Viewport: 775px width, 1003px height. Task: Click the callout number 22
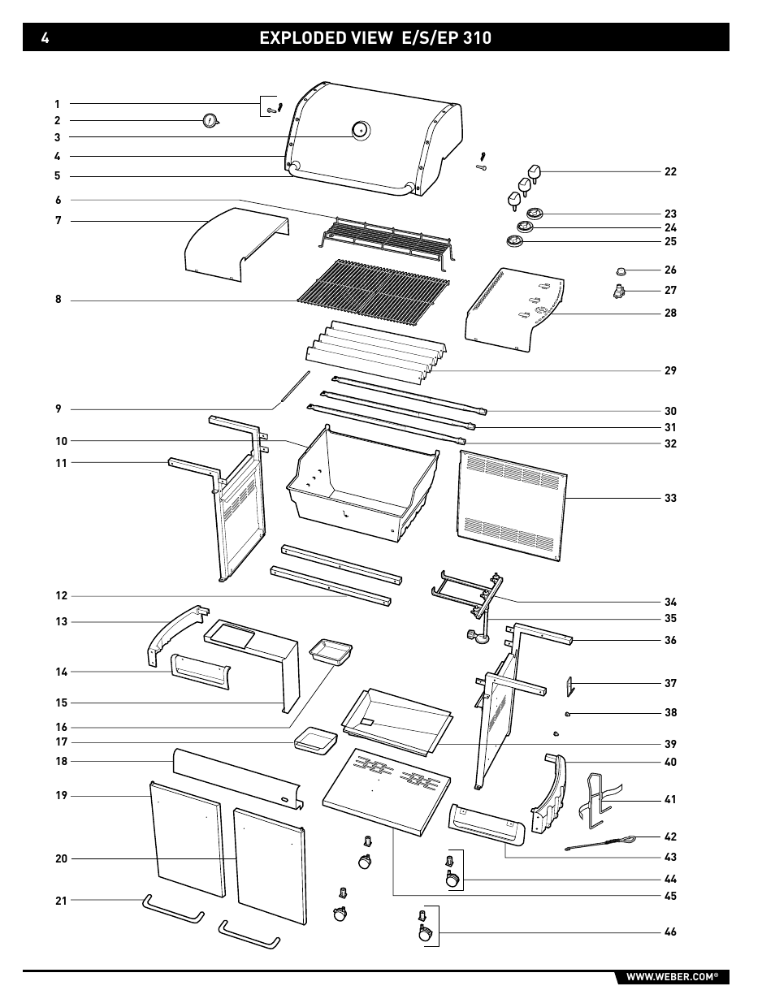[670, 171]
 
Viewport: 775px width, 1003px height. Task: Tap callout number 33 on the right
[670, 498]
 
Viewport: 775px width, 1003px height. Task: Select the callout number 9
[58, 409]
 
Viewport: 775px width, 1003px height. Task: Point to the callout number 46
[670, 932]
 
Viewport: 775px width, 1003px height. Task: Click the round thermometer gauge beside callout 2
[210, 121]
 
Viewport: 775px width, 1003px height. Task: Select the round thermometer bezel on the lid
[359, 129]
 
